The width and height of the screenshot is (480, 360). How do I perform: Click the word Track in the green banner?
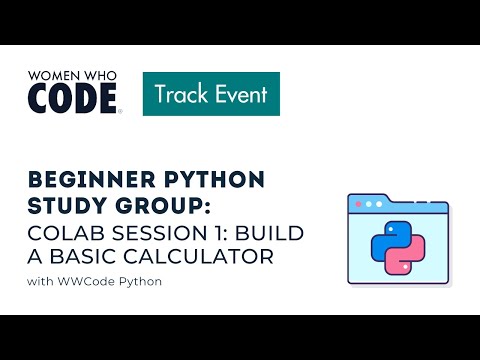tap(181, 95)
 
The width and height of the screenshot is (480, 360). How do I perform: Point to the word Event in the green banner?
tap(239, 95)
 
